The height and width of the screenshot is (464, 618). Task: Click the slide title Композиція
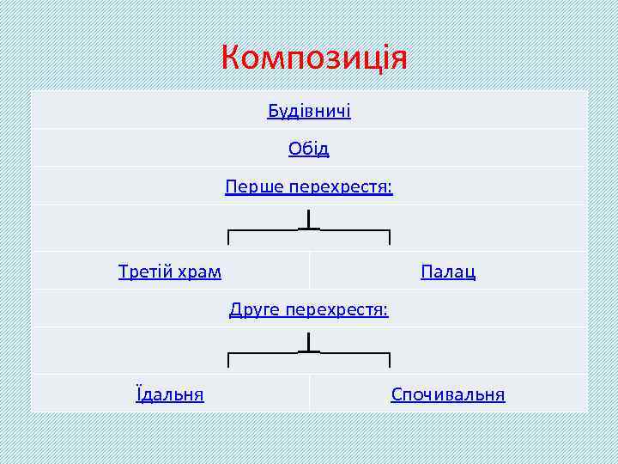tap(313, 58)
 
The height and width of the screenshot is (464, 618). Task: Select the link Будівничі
tap(309, 112)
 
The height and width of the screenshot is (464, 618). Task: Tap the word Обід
tap(309, 149)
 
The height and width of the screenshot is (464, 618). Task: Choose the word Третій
tap(145, 272)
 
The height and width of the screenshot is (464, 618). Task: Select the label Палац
tap(448, 272)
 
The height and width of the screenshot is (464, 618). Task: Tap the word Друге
tap(255, 309)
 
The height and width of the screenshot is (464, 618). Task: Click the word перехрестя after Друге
tap(337, 309)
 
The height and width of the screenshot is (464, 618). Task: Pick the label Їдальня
tap(170, 394)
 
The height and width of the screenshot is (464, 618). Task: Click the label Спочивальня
tap(448, 394)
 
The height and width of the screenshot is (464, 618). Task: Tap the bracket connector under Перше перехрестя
tap(309, 231)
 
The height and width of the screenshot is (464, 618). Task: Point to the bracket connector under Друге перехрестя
tap(309, 353)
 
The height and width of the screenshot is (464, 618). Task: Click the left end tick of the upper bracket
tap(228, 238)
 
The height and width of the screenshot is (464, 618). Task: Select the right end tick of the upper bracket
tap(390, 238)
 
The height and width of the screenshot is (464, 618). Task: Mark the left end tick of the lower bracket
tap(228, 360)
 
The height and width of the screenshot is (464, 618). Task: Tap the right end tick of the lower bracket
tap(390, 360)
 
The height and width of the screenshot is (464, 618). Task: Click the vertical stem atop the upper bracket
tap(309, 220)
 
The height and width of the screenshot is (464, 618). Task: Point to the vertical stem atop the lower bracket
tap(309, 342)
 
